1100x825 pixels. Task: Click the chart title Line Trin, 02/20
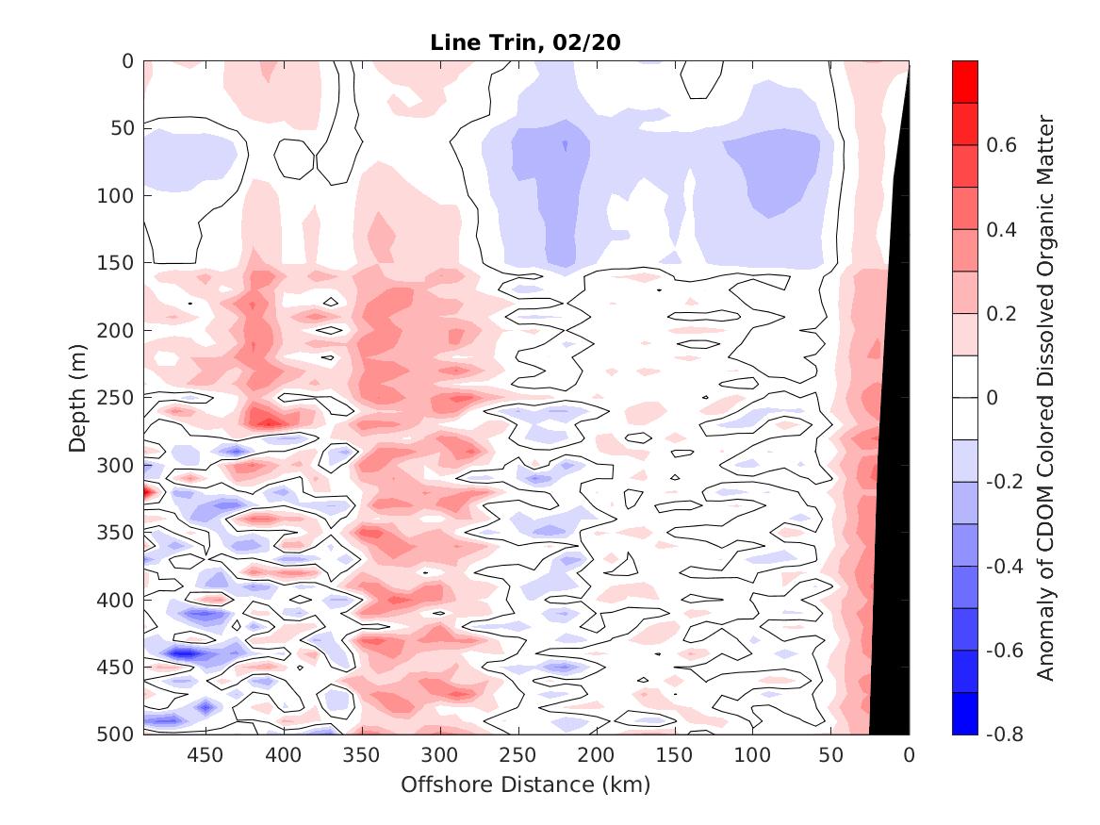[x=526, y=42]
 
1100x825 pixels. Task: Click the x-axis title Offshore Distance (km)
[x=526, y=784]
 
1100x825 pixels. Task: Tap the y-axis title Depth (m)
[x=77, y=397]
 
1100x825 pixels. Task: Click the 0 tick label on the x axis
[x=909, y=755]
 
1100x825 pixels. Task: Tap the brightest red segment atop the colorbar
[x=965, y=82]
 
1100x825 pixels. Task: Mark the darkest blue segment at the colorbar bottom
[x=965, y=713]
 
